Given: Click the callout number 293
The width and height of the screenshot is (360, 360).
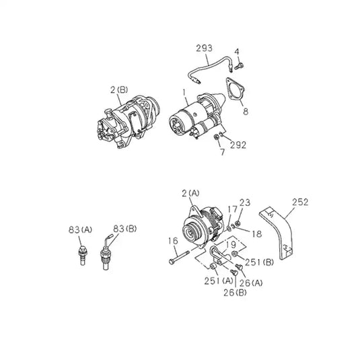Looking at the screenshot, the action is point(204,48).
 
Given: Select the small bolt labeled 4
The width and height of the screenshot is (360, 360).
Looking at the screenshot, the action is point(239,67).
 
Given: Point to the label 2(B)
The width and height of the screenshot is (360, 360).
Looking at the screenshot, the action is point(119,89).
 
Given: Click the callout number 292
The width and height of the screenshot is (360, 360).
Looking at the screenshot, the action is point(238,145).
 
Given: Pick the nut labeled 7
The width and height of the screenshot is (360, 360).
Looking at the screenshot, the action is point(216,137).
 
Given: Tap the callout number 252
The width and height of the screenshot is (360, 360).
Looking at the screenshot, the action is point(300,202).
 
